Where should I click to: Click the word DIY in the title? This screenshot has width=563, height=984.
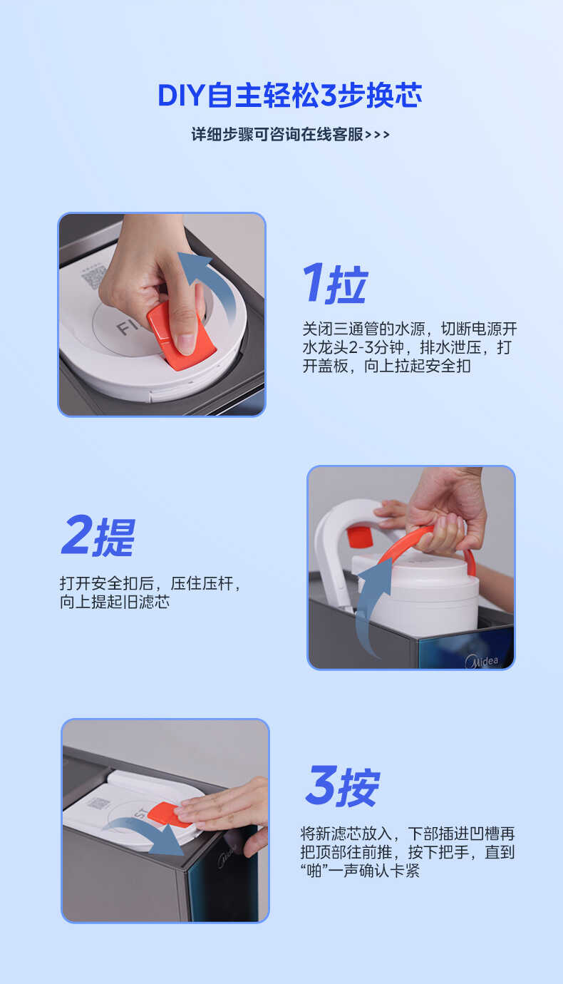[181, 96]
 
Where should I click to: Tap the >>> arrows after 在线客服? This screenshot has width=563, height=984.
[377, 135]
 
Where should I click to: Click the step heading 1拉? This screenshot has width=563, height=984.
[334, 283]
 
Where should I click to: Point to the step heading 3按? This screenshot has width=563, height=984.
[342, 786]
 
